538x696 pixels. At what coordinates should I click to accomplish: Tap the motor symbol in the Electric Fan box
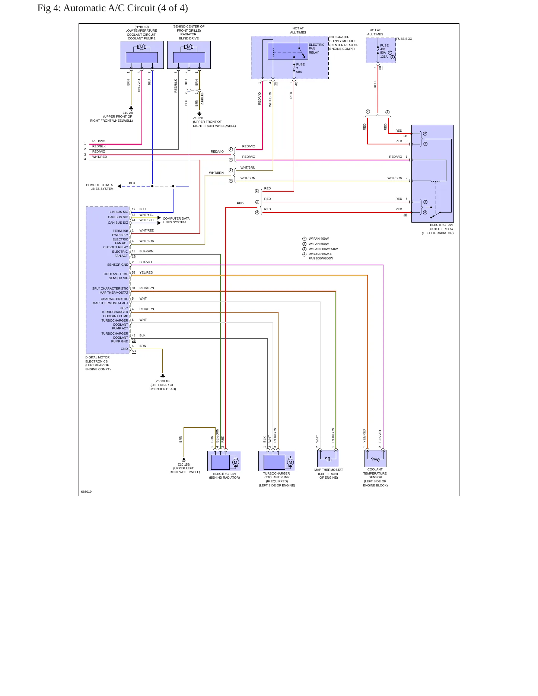coord(235,462)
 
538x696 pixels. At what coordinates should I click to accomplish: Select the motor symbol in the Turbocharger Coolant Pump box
coord(290,462)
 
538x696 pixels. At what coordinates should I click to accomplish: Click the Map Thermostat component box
coord(328,458)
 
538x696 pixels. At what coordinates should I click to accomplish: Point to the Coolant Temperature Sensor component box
coord(375,458)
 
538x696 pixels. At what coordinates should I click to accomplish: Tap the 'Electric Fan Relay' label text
coord(316,48)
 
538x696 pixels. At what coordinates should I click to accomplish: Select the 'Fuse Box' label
coord(404,39)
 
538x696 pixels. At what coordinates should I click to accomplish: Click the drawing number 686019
coord(86,492)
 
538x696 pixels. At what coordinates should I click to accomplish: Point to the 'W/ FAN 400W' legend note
coord(319,239)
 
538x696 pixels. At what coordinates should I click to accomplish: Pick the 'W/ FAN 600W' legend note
coord(319,244)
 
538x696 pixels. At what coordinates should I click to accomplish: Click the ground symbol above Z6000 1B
coord(163,376)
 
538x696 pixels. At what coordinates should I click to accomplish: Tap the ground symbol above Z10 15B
coord(184,460)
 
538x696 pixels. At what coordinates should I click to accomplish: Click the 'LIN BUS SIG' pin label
coord(119,212)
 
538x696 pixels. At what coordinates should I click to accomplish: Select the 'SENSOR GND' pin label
coord(118,265)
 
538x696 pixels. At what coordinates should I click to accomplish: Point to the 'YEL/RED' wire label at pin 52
coord(146,272)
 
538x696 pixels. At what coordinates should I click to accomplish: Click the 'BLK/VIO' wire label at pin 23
coord(146,262)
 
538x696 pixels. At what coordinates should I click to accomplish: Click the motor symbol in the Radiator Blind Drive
coord(189,47)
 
